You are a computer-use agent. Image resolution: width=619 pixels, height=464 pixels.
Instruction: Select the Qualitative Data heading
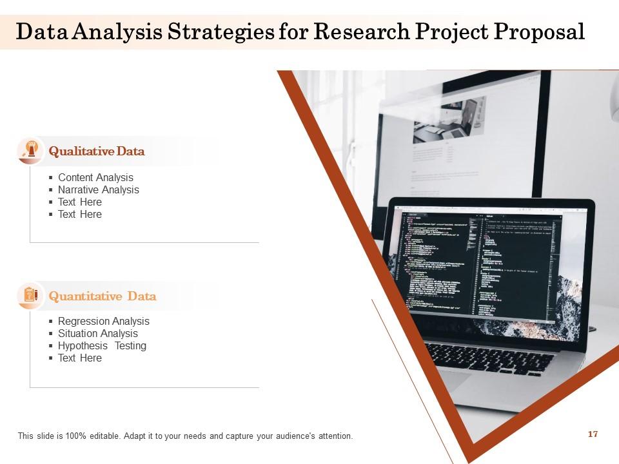click(97, 151)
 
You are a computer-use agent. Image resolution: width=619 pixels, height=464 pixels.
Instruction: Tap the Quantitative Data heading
click(103, 296)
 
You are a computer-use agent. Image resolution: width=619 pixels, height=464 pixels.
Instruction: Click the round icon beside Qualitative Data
click(30, 151)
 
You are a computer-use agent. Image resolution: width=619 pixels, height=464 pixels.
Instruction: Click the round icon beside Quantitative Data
click(30, 295)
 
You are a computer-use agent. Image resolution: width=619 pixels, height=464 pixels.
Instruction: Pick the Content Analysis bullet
click(95, 177)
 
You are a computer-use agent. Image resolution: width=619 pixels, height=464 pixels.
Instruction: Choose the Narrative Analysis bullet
click(98, 189)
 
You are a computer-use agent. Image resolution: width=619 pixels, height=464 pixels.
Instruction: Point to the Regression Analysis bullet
click(103, 321)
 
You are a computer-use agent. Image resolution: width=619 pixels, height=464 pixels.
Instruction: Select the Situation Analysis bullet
click(97, 333)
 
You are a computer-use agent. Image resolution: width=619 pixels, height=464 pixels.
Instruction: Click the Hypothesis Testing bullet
click(102, 345)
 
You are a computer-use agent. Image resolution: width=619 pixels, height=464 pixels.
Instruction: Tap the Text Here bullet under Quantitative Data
click(79, 358)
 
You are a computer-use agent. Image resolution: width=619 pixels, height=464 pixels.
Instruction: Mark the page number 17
click(593, 434)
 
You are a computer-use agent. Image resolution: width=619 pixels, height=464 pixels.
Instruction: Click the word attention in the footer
click(335, 436)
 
